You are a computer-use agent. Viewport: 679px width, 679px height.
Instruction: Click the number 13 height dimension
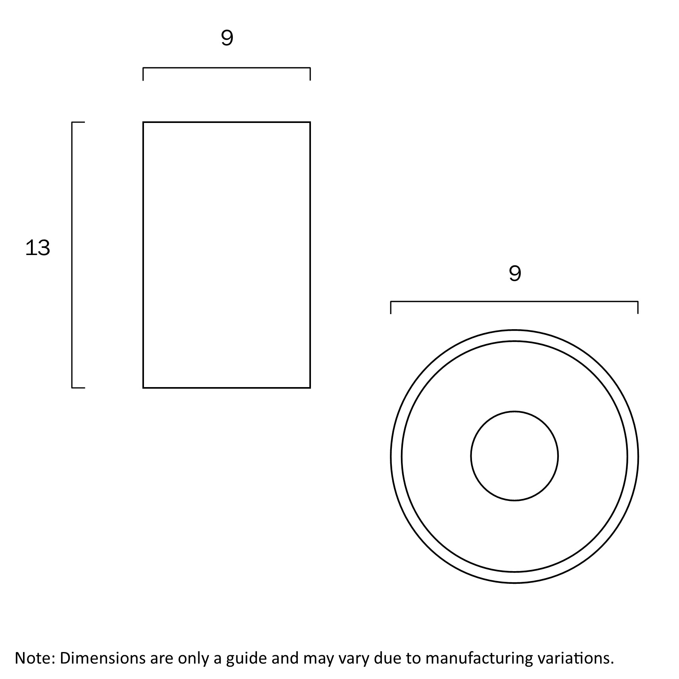pos(38,248)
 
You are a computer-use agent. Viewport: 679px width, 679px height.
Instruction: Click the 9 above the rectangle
pos(227,38)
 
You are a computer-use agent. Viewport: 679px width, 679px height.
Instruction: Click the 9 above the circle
pos(515,273)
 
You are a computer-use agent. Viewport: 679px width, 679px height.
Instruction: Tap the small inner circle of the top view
pos(514,456)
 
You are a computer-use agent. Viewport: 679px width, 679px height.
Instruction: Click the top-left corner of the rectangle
pos(143,122)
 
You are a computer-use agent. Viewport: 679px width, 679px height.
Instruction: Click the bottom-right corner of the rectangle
pos(310,387)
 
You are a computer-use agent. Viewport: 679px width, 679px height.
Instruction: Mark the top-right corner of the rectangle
pos(310,122)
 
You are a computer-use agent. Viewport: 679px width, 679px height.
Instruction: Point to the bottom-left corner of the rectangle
pos(143,387)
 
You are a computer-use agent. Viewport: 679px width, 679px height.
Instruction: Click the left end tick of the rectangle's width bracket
pos(143,74)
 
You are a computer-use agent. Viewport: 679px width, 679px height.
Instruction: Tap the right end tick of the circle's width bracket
pos(638,308)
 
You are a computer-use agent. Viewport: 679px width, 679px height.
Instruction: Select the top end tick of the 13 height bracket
pos(78,122)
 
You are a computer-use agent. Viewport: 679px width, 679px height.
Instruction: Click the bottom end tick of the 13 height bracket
pos(78,387)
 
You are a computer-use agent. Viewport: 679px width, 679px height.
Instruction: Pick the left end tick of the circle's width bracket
pos(391,308)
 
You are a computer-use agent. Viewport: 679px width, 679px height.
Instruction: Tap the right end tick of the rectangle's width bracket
pos(310,74)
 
